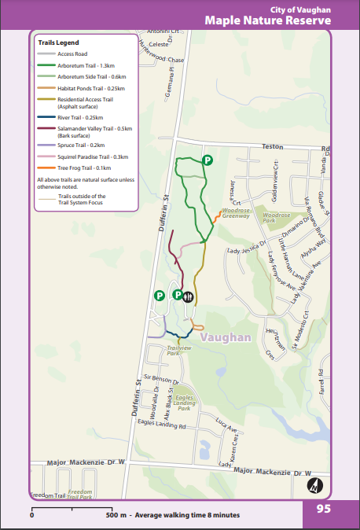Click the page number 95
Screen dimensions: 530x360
tap(323, 509)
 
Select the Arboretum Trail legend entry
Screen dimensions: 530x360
tap(86, 65)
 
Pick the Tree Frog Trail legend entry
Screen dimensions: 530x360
tap(83, 167)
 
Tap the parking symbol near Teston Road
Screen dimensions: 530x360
tap(208, 160)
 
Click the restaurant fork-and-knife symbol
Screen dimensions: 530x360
tap(189, 296)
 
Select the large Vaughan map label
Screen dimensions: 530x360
tap(225, 337)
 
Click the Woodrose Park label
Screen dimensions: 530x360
tap(277, 218)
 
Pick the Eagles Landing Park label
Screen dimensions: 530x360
tap(184, 403)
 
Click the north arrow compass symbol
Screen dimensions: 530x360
tap(315, 486)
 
